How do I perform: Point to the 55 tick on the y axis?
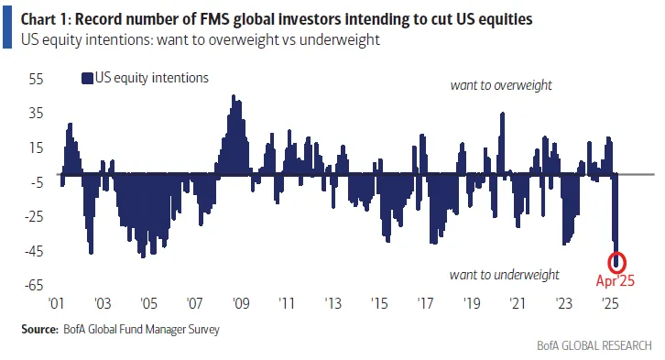[x=37, y=79]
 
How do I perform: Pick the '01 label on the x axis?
[x=56, y=303]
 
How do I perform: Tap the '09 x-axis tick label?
[x=240, y=303]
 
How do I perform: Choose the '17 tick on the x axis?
[x=425, y=303]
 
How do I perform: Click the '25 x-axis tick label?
[x=609, y=303]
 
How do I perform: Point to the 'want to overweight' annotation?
[x=500, y=85]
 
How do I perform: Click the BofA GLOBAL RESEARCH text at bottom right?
[x=595, y=346]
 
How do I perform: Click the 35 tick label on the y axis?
[x=37, y=114]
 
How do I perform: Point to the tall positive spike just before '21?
[x=503, y=115]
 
